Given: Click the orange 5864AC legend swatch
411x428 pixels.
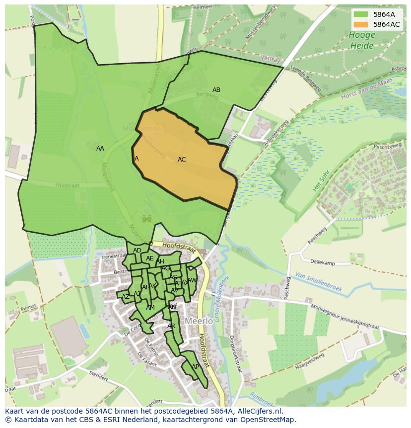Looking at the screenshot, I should [x=361, y=24].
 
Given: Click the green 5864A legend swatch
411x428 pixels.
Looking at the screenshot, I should [x=361, y=14].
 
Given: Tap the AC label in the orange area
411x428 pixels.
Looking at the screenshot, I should [x=182, y=160].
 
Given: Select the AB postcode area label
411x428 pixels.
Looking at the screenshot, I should [x=216, y=90].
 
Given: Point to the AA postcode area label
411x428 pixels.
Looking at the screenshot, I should [x=100, y=149].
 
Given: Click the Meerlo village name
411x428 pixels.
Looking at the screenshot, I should [x=199, y=321].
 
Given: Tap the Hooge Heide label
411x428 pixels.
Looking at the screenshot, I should [x=361, y=40].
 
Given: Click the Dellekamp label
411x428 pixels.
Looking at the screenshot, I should [x=323, y=262].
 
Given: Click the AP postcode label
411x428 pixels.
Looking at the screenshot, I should [x=195, y=367].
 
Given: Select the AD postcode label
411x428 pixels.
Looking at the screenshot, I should [x=137, y=251].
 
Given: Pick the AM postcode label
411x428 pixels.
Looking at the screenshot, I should [x=150, y=308].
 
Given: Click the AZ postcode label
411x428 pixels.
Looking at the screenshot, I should [x=126, y=297].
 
